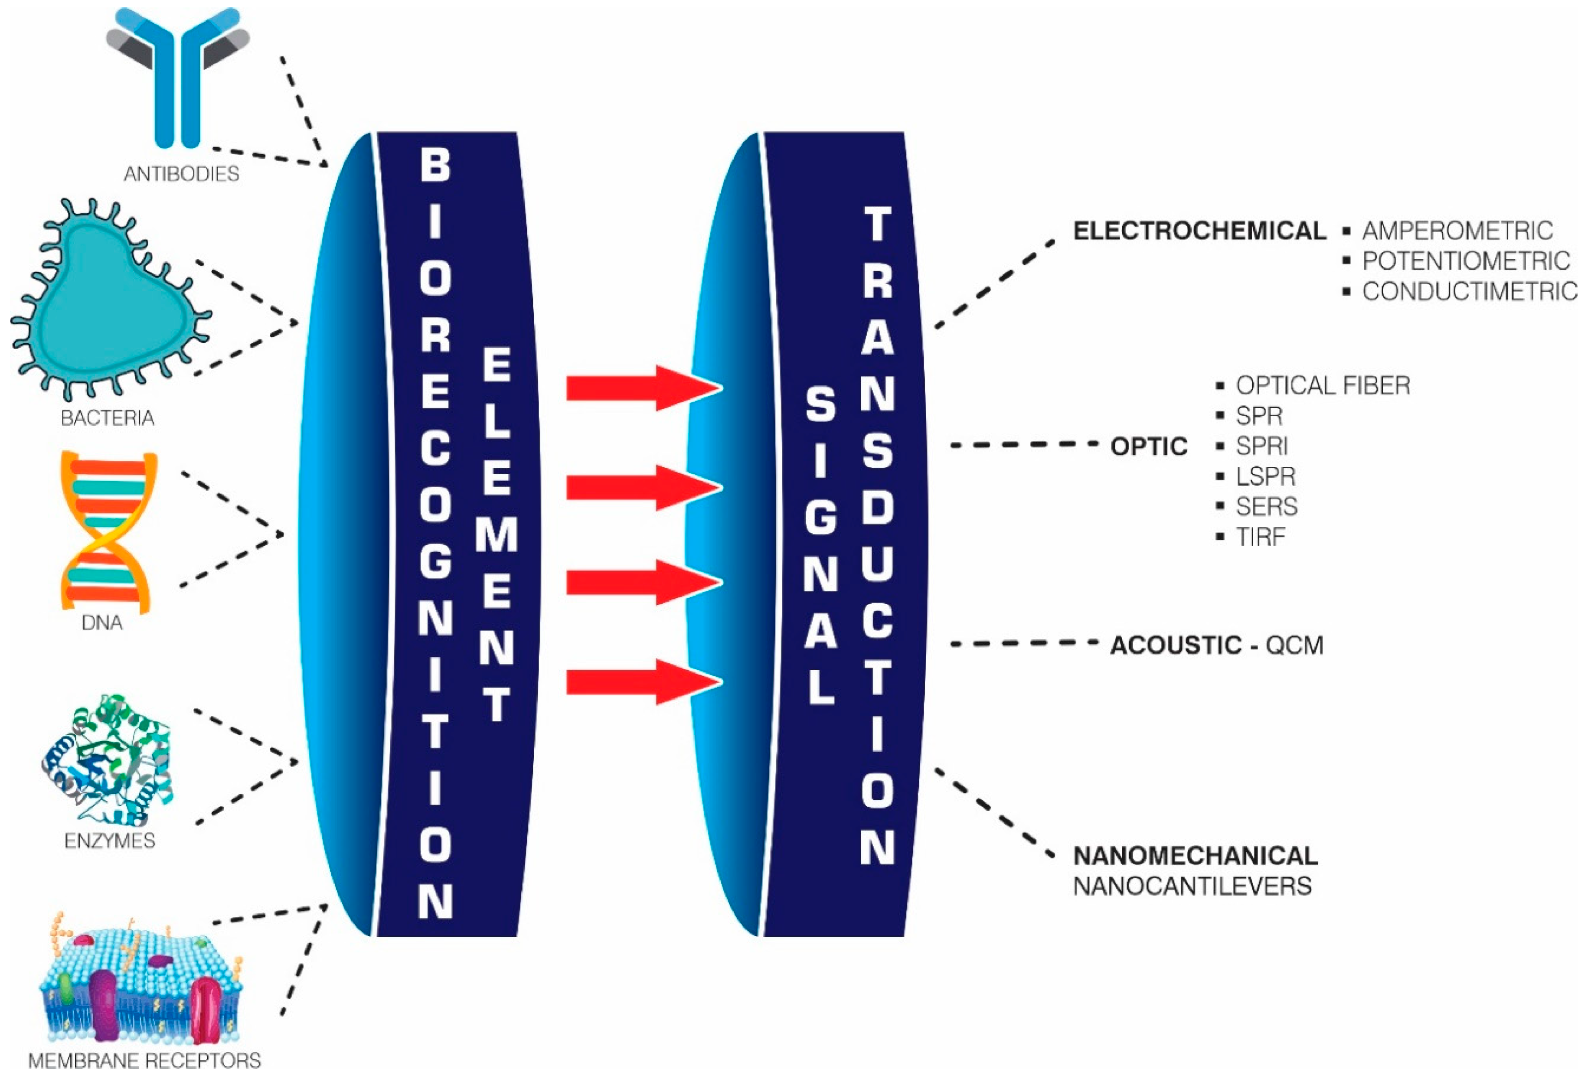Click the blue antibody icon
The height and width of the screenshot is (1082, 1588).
[x=178, y=75]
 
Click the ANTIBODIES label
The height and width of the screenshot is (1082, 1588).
[x=181, y=174]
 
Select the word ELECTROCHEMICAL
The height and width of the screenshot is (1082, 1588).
[x=1199, y=231]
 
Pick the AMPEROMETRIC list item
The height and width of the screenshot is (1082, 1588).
[x=1457, y=231]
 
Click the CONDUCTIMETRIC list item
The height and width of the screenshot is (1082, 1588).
[x=1469, y=292]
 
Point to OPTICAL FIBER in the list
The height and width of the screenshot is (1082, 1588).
[x=1322, y=385]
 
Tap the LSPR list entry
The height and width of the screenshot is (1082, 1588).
[x=1265, y=476]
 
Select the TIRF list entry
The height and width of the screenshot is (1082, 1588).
[x=1260, y=537]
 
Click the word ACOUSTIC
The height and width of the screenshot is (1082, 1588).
[x=1175, y=645]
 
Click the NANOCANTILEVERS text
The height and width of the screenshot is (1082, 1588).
[x=1193, y=886]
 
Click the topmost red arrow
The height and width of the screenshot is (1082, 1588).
[x=642, y=388]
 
